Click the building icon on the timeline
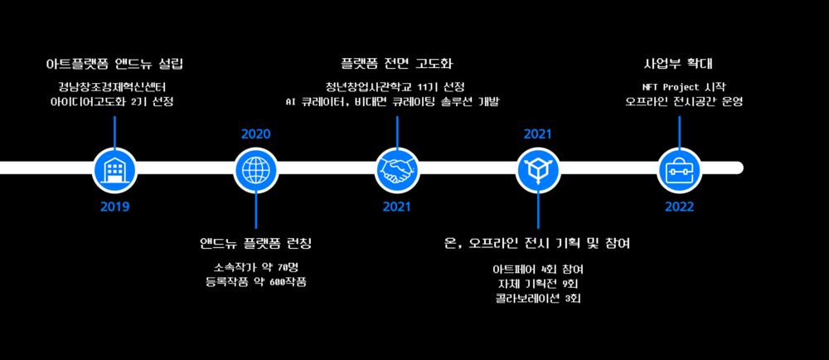coord(114,168)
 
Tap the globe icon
coord(255,168)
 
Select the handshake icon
coord(396,168)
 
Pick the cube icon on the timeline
coord(537,168)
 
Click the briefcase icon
coord(679,168)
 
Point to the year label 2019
coord(114,207)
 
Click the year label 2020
coord(255,134)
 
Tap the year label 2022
coord(679,207)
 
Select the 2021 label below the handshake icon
coord(396,207)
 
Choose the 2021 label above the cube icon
coord(537,134)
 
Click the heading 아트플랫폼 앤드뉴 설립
coord(114,64)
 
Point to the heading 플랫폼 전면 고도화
coord(396,64)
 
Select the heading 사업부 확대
coord(679,64)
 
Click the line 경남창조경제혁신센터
coord(114,86)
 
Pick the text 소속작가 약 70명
coord(255,267)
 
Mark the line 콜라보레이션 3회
coord(537,299)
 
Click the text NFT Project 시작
coord(679,86)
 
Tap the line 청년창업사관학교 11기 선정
coord(396,86)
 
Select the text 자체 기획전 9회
coord(537,284)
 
